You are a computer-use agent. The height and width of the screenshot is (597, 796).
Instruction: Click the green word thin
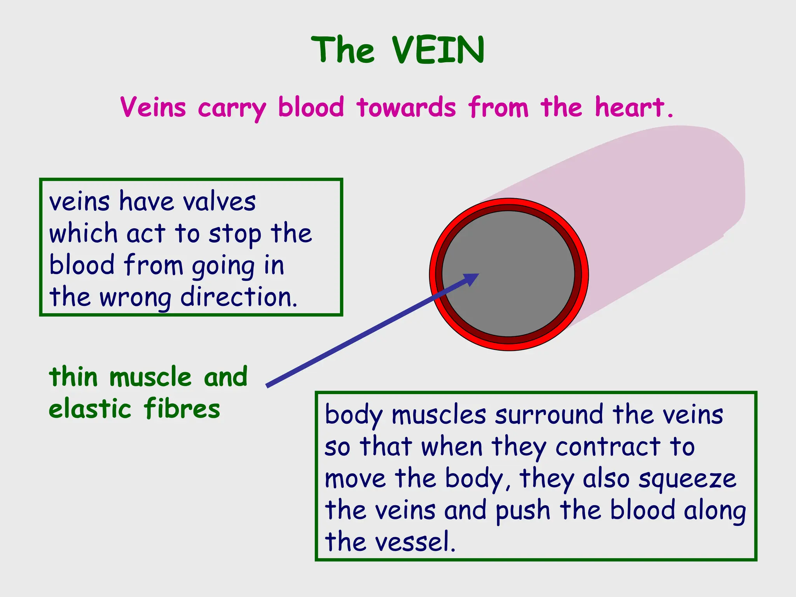coord(73,377)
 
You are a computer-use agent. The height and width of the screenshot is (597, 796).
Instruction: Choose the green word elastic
coord(90,409)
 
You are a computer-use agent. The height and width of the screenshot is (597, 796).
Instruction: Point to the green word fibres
coord(182,409)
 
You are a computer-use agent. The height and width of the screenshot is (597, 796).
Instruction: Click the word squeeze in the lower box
coord(687,478)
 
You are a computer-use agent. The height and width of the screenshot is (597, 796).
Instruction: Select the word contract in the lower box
coord(607,447)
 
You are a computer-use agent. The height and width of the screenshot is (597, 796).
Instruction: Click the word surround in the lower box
coord(549,415)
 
